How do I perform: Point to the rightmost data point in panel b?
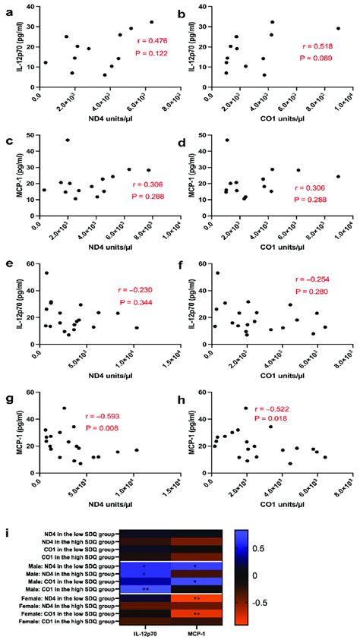339,29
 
